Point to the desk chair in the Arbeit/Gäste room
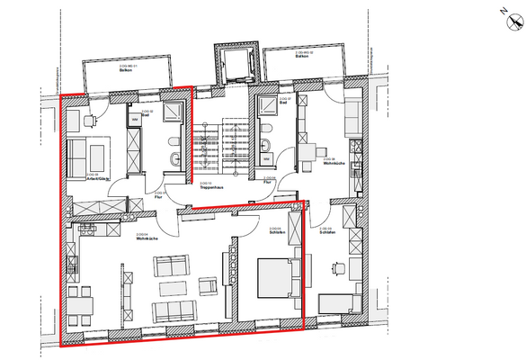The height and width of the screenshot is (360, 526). coord(90,117)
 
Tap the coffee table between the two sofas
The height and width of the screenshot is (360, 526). coord(172,288)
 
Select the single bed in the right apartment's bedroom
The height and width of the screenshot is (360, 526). coord(339,306)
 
